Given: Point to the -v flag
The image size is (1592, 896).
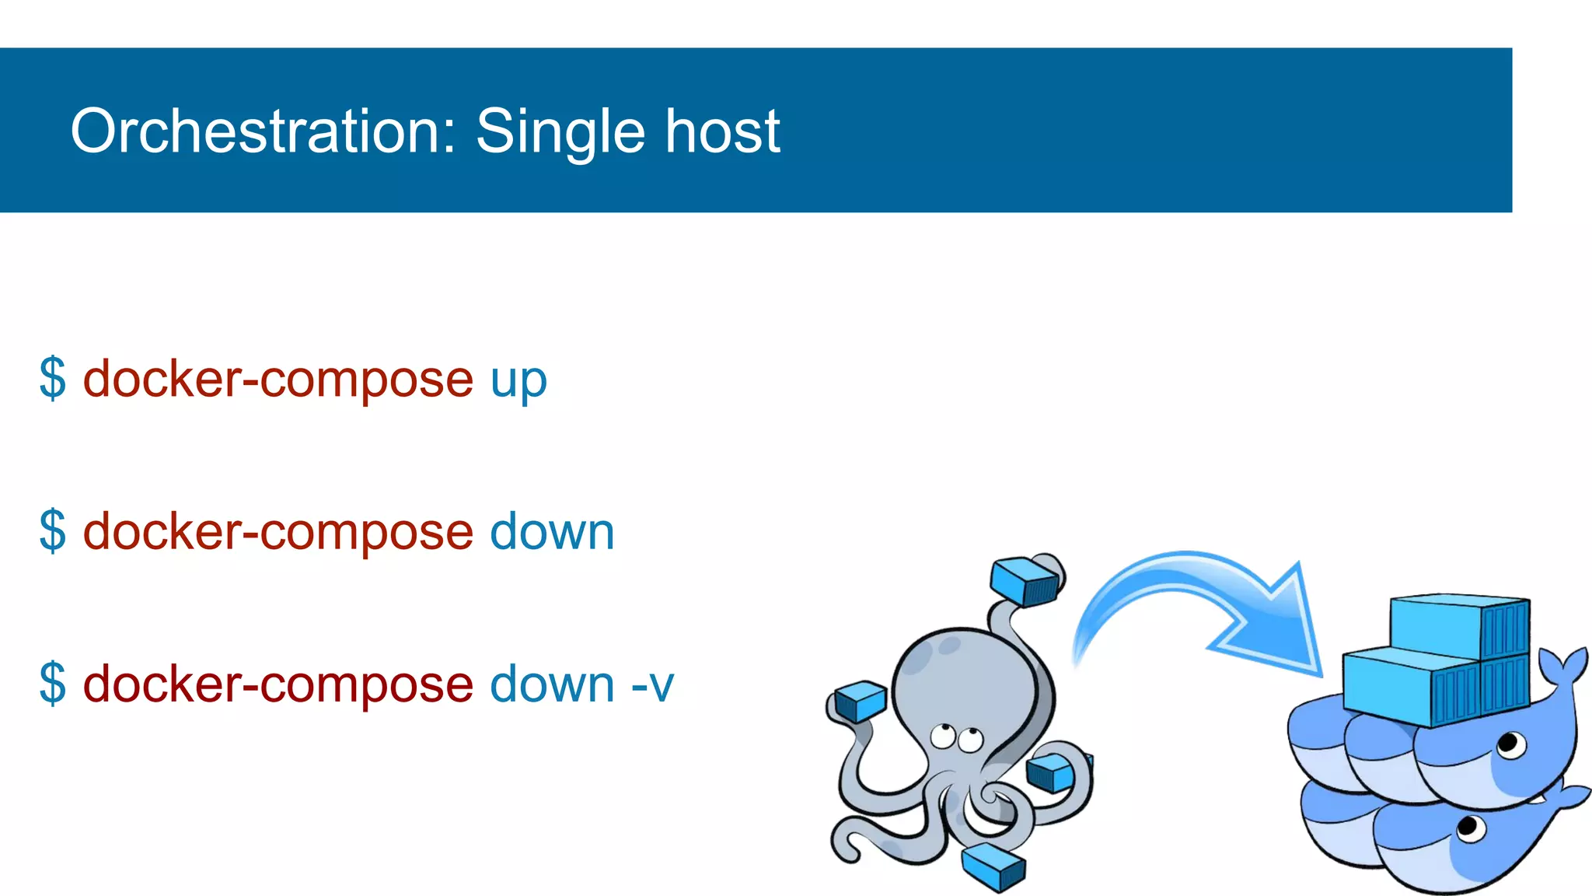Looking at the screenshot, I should (651, 684).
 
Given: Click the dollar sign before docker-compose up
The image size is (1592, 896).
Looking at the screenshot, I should (53, 379).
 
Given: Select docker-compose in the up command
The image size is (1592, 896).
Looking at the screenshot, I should (278, 380).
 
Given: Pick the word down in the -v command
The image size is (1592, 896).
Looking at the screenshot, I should (552, 684).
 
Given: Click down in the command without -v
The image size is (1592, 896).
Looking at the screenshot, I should (552, 532).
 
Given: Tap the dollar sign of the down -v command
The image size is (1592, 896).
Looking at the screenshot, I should (53, 684).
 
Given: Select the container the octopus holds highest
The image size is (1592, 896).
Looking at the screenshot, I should (1025, 580).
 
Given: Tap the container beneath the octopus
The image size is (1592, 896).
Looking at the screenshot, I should (993, 866).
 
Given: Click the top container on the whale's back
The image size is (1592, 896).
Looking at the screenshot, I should (1458, 626).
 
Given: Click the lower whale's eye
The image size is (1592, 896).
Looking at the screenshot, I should (1468, 827).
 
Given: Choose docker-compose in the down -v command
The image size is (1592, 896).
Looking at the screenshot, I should (278, 684).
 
